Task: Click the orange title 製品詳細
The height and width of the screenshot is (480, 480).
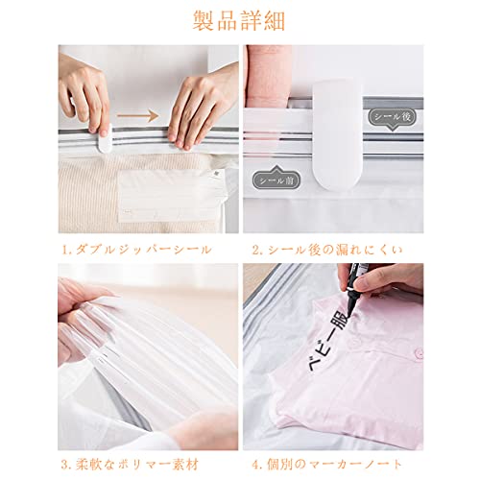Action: tap(239, 21)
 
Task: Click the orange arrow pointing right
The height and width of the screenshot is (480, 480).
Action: tap(137, 116)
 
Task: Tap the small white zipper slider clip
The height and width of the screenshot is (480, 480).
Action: tap(105, 138)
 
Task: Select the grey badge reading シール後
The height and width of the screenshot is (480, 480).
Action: tap(393, 117)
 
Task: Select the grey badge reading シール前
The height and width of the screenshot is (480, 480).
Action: tap(276, 180)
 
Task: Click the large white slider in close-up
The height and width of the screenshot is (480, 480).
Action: tap(338, 134)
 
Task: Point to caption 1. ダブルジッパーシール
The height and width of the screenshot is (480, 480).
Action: tap(136, 250)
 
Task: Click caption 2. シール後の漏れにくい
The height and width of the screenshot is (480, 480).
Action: tap(327, 250)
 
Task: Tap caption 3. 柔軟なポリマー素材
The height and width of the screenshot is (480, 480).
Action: tap(130, 465)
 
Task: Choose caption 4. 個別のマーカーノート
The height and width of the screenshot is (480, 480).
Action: tap(327, 465)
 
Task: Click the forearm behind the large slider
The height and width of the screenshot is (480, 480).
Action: tap(268, 76)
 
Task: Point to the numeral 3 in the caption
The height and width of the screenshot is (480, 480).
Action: tap(64, 465)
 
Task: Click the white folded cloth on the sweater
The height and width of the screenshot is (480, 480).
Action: tap(171, 195)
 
